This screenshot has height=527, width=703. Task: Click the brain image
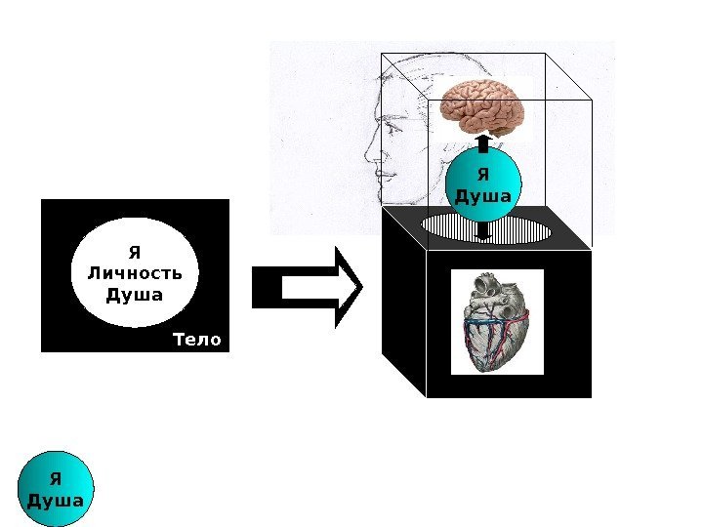click(482, 104)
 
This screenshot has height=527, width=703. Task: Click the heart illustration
click(497, 321)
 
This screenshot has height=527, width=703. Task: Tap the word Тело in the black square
click(196, 340)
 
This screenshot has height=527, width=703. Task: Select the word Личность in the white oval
click(135, 271)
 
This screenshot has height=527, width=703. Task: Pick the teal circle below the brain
click(483, 186)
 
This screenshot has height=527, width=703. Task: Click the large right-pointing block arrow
click(308, 287)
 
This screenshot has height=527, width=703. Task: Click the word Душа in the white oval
click(135, 294)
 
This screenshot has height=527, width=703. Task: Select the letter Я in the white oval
click(135, 249)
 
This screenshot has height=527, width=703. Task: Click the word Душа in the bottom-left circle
click(57, 501)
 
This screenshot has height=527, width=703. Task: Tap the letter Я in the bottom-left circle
click(57, 478)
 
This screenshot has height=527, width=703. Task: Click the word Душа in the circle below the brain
click(483, 197)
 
